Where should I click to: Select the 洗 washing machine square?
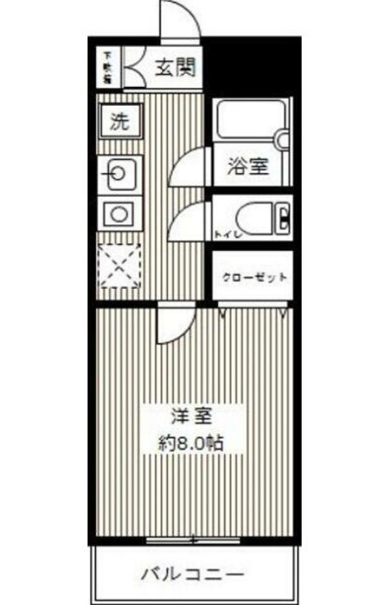(121, 122)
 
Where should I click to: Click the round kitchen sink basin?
(120, 174)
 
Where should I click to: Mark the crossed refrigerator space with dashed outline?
(120, 266)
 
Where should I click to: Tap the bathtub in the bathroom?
(249, 124)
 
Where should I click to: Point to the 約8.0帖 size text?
(194, 442)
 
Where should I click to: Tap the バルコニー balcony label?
(192, 573)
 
